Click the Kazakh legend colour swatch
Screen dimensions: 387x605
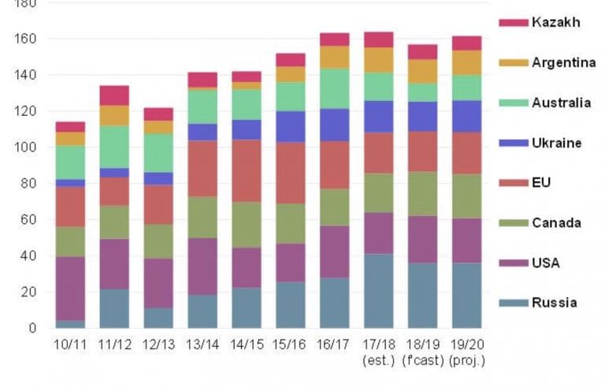[x=512, y=22]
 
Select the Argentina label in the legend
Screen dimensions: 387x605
[x=564, y=62]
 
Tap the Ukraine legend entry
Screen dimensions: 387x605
[x=557, y=143]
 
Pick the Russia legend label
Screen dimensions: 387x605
[x=554, y=303]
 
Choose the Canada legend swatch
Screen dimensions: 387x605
[x=512, y=223]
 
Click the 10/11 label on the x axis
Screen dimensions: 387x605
[x=69, y=345]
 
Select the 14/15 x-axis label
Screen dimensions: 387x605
[x=246, y=345]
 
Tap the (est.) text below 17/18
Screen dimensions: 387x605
[x=379, y=361]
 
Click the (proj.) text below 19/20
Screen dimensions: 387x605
[x=467, y=361]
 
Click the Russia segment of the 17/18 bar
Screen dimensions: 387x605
[x=379, y=291]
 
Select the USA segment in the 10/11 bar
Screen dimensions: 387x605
[x=70, y=288]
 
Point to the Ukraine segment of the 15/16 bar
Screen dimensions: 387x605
[x=291, y=126]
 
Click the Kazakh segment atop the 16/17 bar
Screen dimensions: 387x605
[x=335, y=39]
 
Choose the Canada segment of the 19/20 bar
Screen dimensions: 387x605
[x=466, y=196]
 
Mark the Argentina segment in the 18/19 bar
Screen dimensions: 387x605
[x=423, y=71]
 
